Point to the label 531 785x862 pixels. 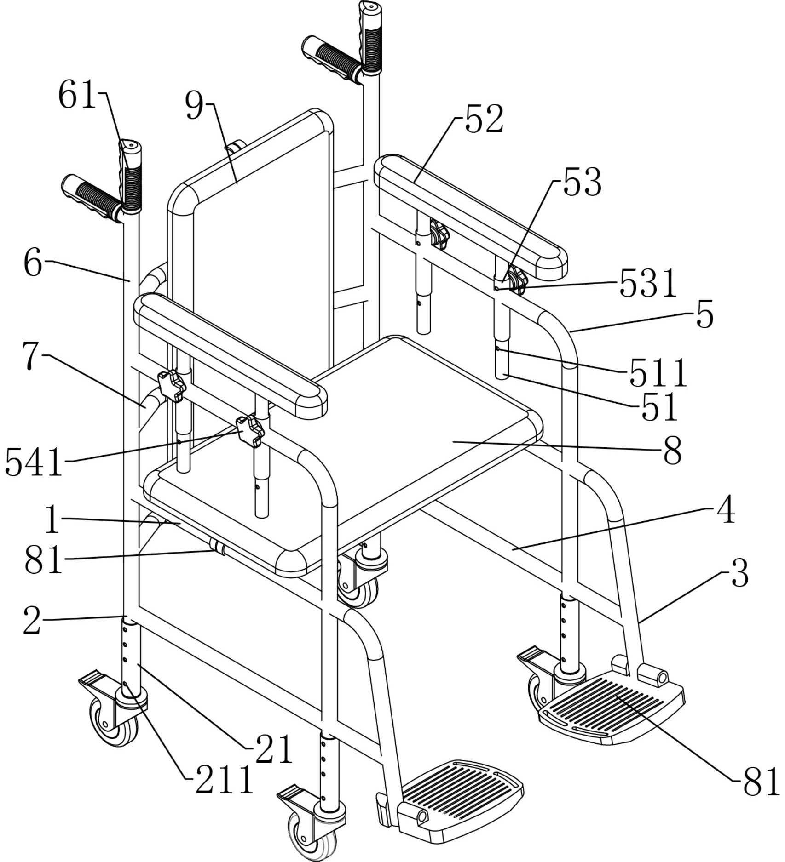tap(648, 283)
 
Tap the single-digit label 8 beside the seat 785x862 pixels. tap(672, 451)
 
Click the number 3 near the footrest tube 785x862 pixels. tap(740, 573)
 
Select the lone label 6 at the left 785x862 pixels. tap(33, 264)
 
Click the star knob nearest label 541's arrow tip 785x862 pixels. tap(249, 430)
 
